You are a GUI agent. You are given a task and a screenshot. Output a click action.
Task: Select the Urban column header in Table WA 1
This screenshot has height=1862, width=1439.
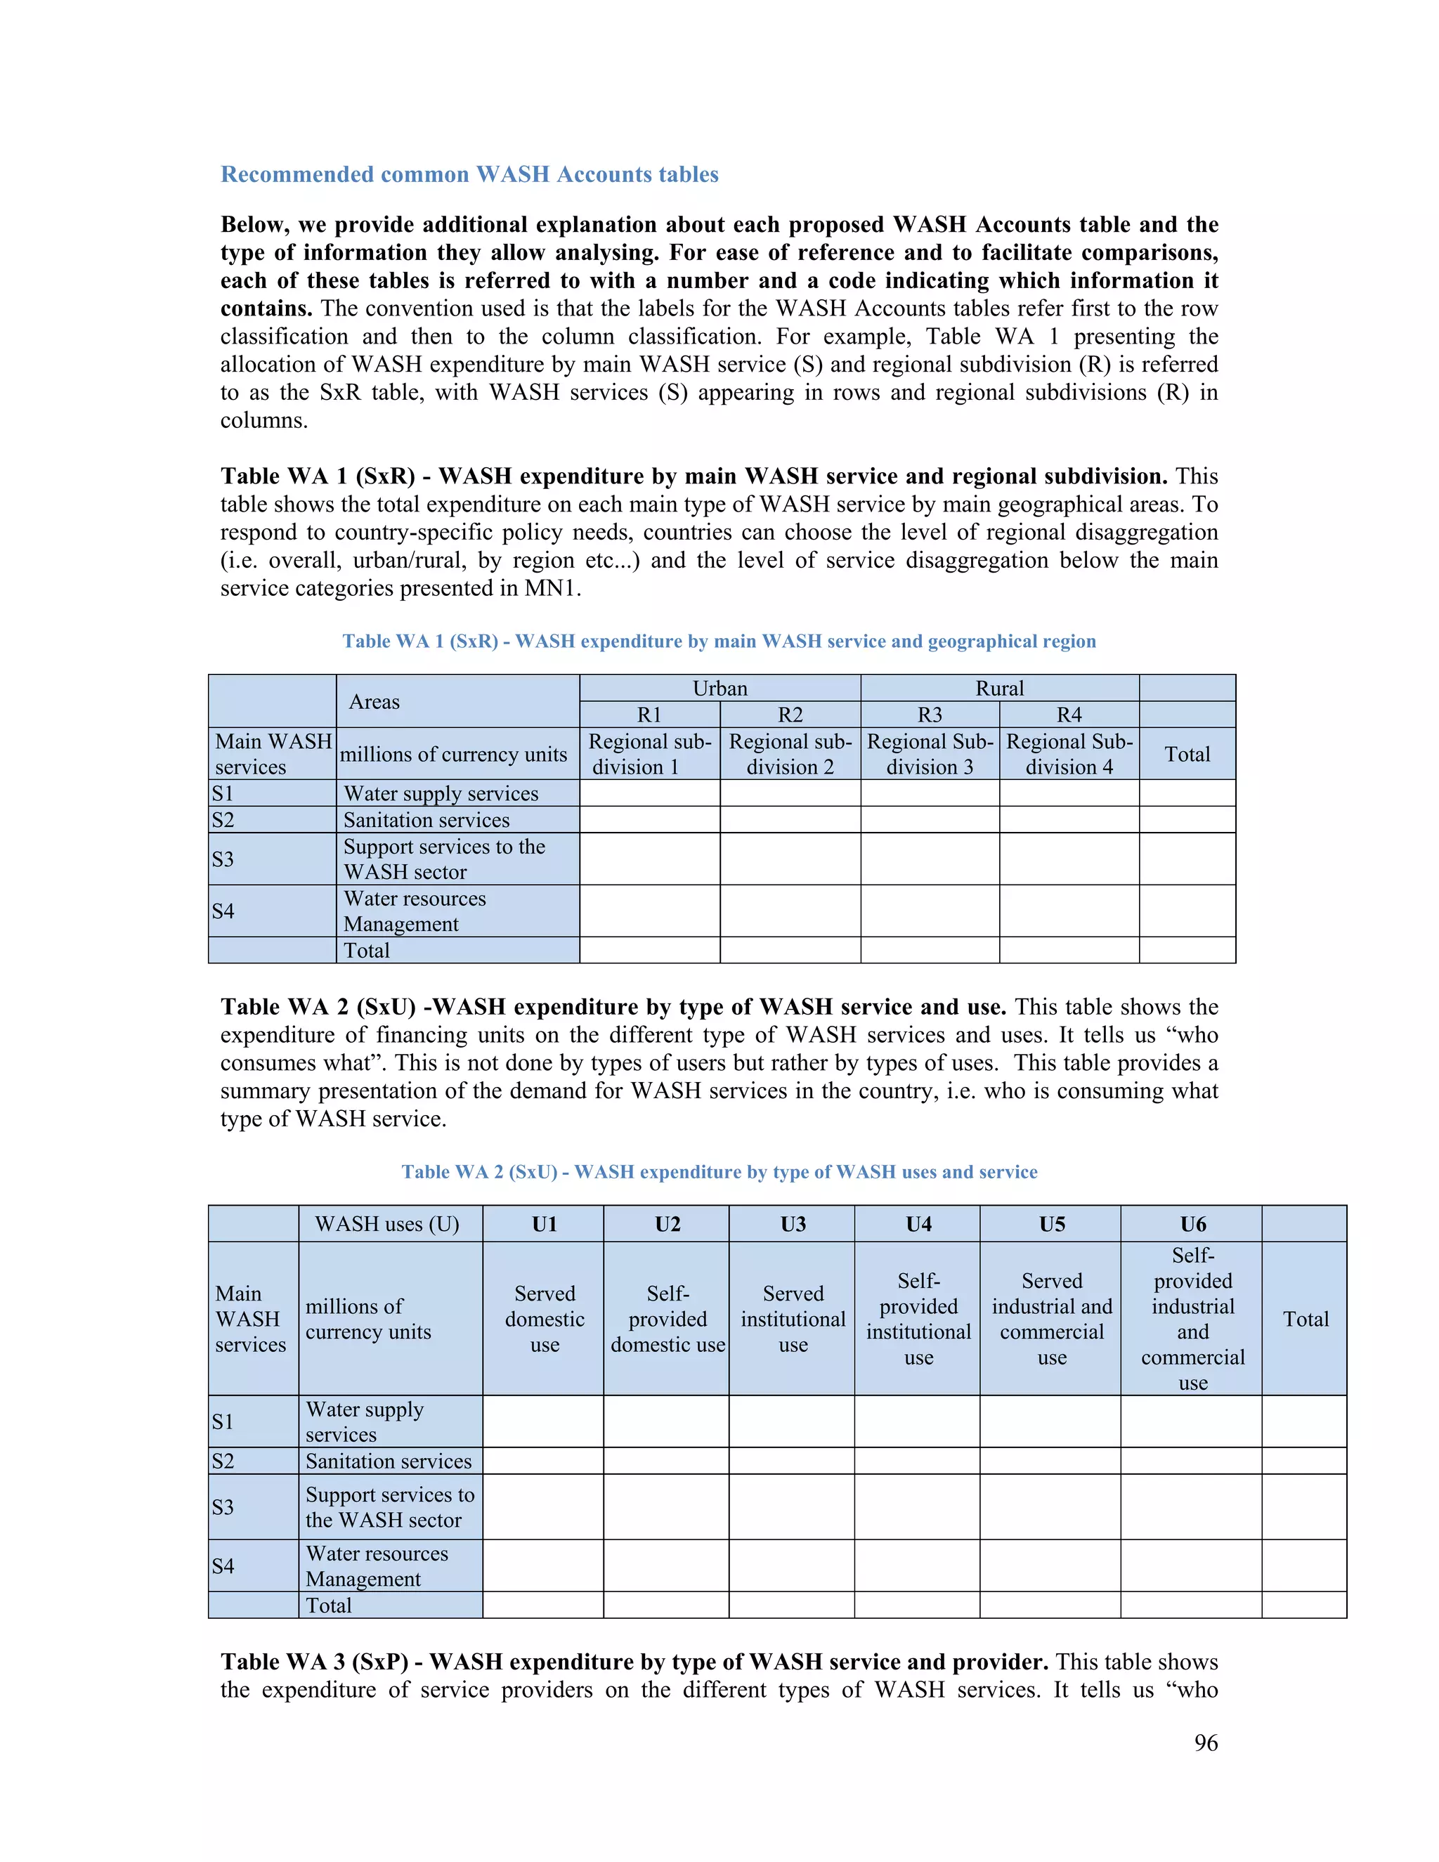point(719,688)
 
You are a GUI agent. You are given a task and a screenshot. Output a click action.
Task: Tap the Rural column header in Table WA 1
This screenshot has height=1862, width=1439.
point(999,688)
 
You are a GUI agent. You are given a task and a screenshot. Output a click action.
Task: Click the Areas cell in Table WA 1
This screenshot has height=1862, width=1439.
point(375,702)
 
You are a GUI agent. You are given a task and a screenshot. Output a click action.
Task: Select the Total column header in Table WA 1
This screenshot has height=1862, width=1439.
point(1187,754)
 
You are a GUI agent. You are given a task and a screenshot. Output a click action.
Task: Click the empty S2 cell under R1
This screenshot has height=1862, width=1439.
point(650,819)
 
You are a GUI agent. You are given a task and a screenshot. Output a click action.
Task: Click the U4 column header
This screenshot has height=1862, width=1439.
point(918,1224)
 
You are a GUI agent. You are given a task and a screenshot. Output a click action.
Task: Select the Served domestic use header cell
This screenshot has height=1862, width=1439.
point(544,1319)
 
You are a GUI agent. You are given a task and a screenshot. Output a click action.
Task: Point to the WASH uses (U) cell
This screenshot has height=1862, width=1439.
point(387,1224)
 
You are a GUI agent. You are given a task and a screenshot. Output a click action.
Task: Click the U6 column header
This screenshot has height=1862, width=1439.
point(1192,1224)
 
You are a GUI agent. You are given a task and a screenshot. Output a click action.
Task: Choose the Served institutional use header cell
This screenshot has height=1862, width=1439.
point(792,1319)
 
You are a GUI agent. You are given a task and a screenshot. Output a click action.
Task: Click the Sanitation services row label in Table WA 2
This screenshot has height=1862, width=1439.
point(388,1461)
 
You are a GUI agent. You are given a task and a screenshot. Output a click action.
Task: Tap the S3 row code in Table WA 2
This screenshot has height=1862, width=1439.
point(223,1506)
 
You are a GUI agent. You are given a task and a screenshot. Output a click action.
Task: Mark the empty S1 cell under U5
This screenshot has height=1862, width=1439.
point(1050,1421)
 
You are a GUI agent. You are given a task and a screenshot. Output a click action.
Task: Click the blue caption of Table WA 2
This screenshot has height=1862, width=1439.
point(719,1171)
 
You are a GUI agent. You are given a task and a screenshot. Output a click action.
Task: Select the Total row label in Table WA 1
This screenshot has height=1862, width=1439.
point(367,951)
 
